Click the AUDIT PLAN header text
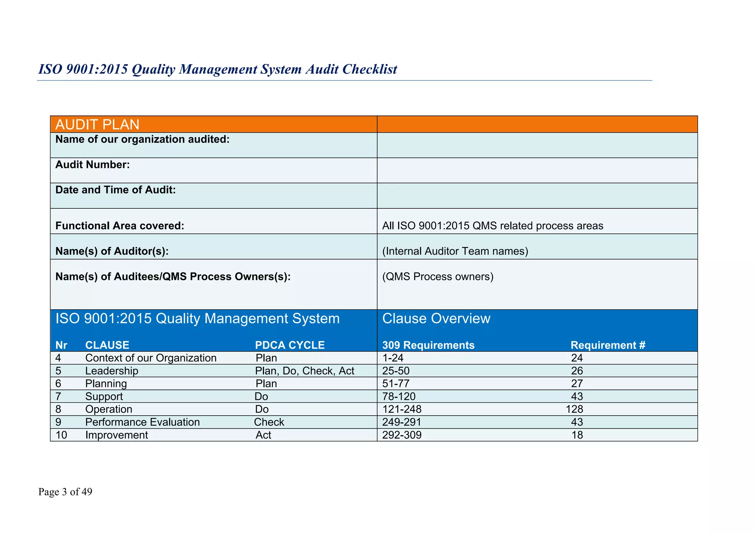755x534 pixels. pos(97,125)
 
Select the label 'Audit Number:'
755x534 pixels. pos(93,164)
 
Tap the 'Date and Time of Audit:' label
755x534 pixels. pos(115,190)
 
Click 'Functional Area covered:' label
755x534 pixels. pos(120,226)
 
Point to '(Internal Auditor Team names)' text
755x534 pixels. pos(455,251)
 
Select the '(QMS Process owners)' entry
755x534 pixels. pos(438,276)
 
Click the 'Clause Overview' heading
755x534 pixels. pos(436,318)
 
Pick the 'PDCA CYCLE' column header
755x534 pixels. pos(290,345)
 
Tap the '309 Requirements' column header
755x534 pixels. pos(428,345)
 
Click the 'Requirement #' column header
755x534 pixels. pos(608,345)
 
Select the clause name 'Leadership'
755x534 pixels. pos(112,371)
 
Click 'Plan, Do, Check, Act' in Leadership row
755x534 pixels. pos(305,371)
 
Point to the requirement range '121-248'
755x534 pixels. pos(402,409)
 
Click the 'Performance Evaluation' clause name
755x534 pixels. pos(142,422)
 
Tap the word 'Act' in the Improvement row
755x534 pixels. pos(263,435)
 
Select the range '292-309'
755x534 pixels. pos(402,435)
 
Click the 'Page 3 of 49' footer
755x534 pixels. pos(65,492)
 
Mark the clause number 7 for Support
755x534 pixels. pos(58,396)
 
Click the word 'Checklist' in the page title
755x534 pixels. pos(370,69)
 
